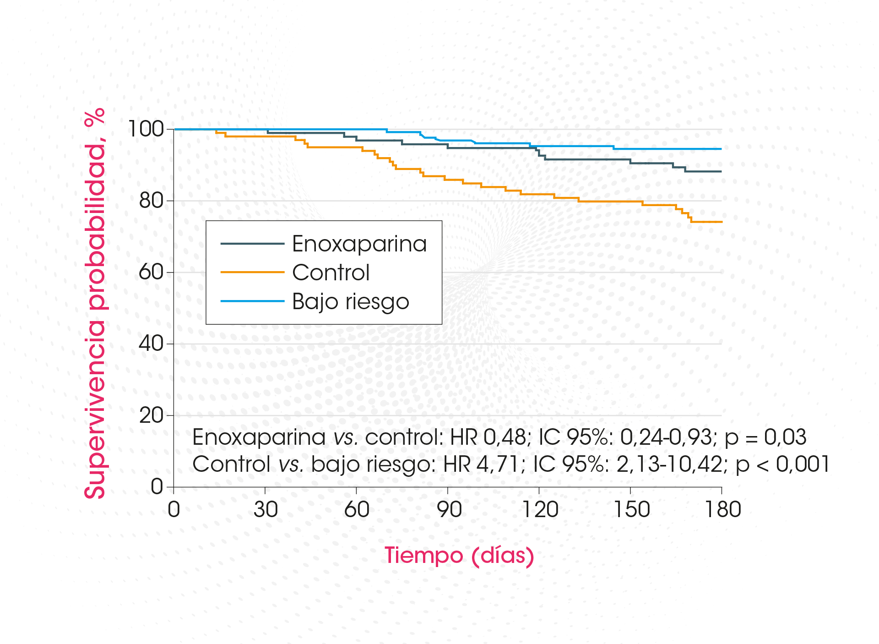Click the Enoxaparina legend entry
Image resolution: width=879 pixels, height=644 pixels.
[x=359, y=244]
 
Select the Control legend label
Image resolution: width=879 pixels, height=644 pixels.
[x=331, y=273]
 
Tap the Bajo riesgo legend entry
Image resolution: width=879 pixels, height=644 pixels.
[x=350, y=301]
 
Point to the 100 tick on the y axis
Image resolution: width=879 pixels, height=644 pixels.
[x=146, y=129]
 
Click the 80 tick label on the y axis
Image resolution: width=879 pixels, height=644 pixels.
[x=151, y=201]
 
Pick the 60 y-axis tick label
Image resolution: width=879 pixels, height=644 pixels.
[x=151, y=272]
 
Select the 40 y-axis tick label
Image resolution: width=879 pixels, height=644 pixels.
[x=151, y=344]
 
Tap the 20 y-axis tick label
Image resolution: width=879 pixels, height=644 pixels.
[x=151, y=415]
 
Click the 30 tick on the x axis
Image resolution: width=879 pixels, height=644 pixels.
[x=266, y=509]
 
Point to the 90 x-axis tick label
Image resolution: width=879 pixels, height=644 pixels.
[x=449, y=509]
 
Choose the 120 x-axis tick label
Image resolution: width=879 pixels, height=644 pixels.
[x=540, y=509]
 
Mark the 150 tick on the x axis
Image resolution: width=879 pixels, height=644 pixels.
[x=631, y=509]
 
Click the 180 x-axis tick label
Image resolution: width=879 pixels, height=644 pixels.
[x=723, y=509]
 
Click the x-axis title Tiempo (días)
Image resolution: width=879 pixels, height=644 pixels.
[x=459, y=556]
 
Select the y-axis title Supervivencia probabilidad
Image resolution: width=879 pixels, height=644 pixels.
[x=95, y=303]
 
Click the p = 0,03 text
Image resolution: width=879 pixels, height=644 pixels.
[x=765, y=437]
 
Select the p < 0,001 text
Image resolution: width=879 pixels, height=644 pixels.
[x=782, y=464]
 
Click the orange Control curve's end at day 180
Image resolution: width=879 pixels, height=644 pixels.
[x=721, y=222]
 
